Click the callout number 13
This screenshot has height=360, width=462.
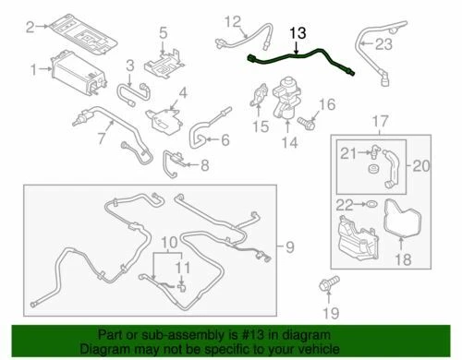[296, 32]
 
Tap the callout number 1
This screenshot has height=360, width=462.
[35, 69]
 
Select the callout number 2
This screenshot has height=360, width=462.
[30, 29]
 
